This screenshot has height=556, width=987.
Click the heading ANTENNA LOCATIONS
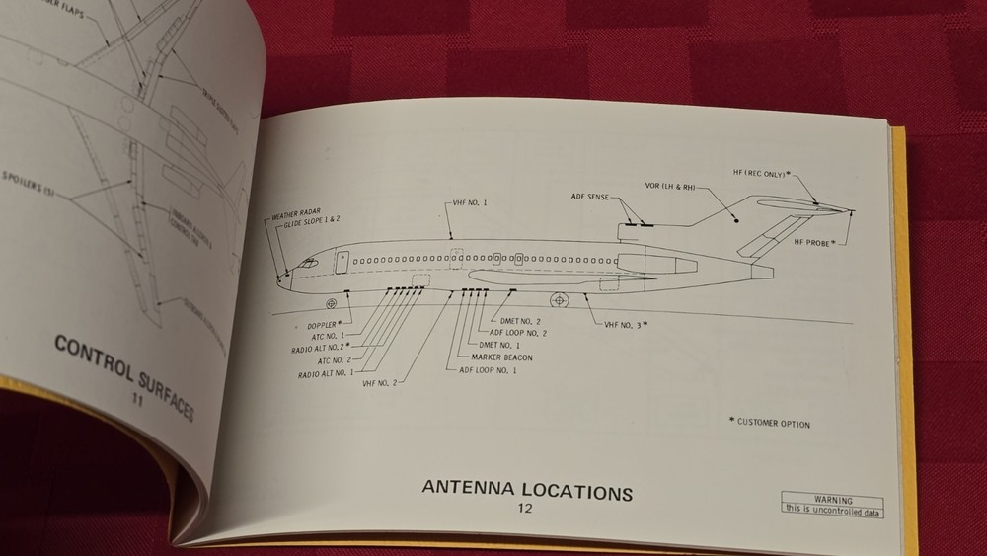(x=527, y=489)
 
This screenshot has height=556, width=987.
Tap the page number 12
(x=524, y=509)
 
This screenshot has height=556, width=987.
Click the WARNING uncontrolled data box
(x=832, y=505)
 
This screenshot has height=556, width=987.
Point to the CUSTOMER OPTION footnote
(x=769, y=424)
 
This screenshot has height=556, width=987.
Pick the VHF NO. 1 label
(x=469, y=202)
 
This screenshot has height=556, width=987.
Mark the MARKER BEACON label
(x=501, y=357)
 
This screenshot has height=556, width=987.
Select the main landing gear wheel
(x=560, y=298)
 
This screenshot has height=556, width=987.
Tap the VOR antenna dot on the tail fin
(x=735, y=221)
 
